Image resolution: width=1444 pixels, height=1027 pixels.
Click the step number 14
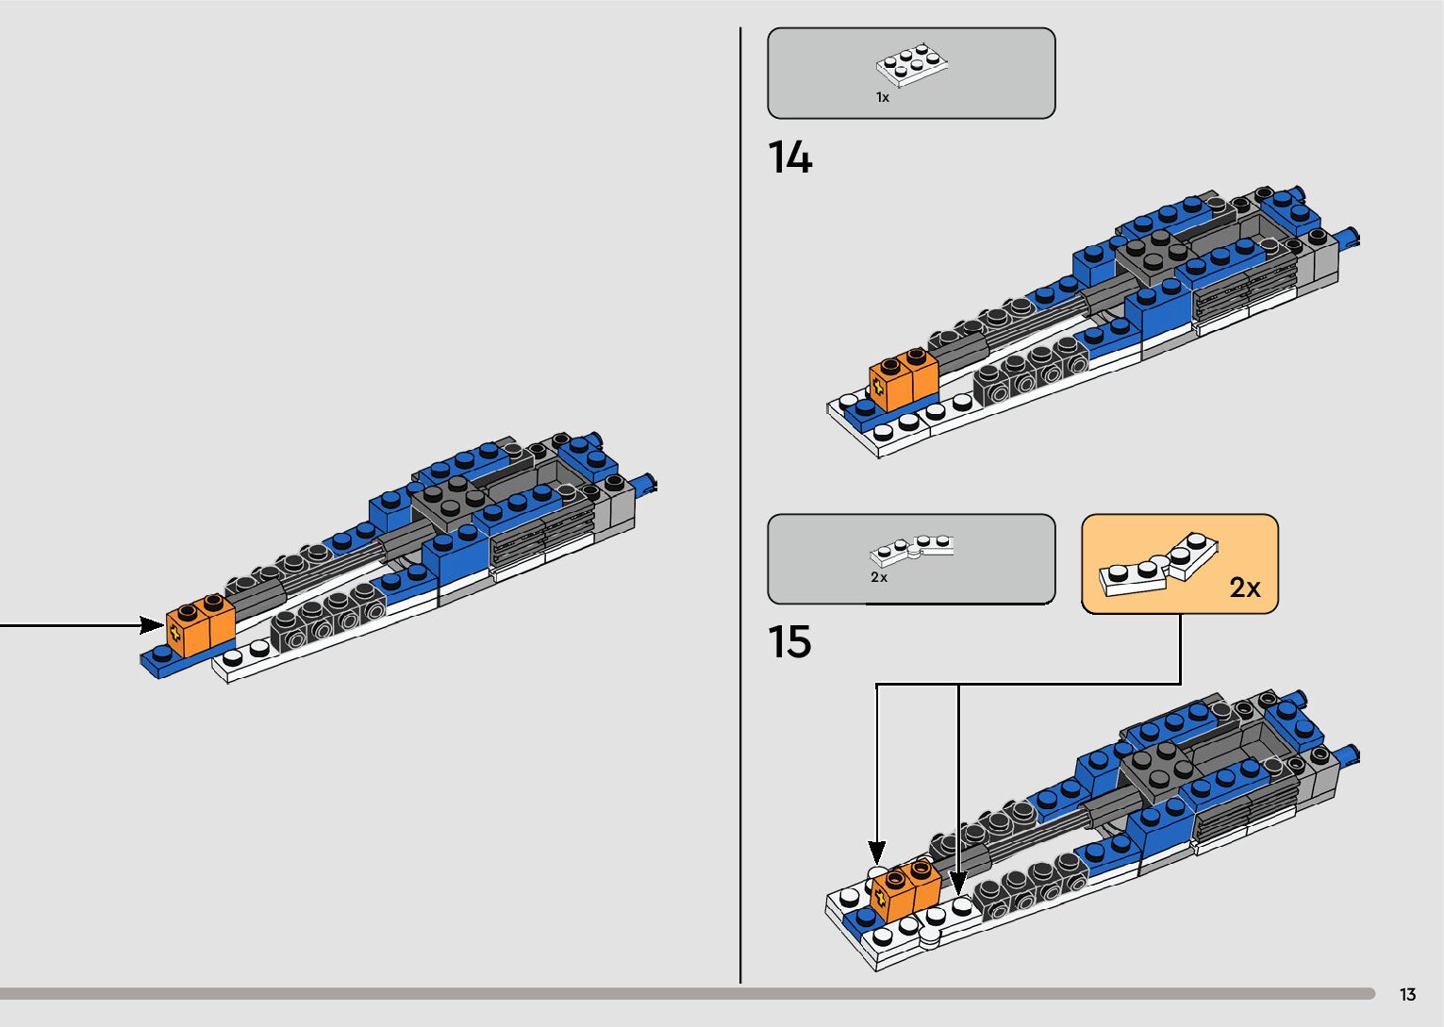[789, 157]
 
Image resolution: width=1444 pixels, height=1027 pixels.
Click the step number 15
[789, 642]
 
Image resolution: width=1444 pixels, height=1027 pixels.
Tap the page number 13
[1407, 994]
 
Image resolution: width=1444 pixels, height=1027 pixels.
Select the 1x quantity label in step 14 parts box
[882, 97]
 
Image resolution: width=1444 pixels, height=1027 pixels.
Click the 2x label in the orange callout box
[1244, 588]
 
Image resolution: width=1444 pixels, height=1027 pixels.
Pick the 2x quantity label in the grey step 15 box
[878, 577]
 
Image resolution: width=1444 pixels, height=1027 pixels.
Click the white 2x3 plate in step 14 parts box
[911, 62]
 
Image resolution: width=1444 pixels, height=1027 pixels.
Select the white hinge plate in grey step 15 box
[911, 547]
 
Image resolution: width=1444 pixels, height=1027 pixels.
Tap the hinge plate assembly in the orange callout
[1158, 566]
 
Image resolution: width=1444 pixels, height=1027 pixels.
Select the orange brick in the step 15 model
[905, 887]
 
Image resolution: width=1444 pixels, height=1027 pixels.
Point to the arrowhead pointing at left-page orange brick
[152, 624]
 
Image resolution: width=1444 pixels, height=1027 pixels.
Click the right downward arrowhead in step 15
[958, 883]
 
